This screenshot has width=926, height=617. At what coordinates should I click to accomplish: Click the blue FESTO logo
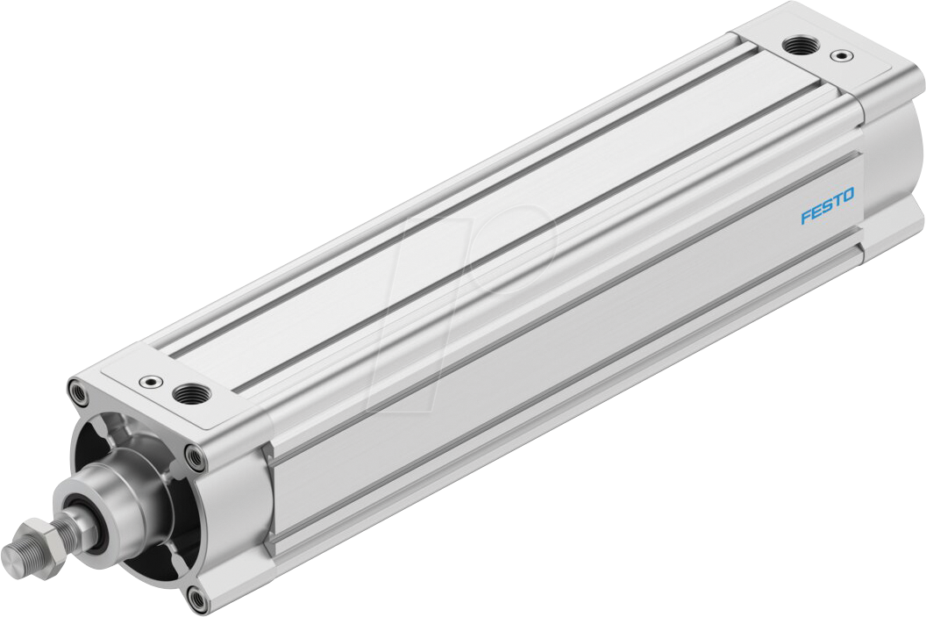point(827,213)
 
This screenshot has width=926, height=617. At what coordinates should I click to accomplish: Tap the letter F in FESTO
point(804,218)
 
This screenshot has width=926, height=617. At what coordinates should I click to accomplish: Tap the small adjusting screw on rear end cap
point(842,56)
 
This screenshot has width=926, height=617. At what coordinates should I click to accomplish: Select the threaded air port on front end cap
point(188,394)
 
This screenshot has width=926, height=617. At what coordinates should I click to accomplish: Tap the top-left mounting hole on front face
point(79,392)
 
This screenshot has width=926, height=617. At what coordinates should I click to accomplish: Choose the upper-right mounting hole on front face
point(194,457)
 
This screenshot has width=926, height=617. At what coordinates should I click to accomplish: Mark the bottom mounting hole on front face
point(198,599)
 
